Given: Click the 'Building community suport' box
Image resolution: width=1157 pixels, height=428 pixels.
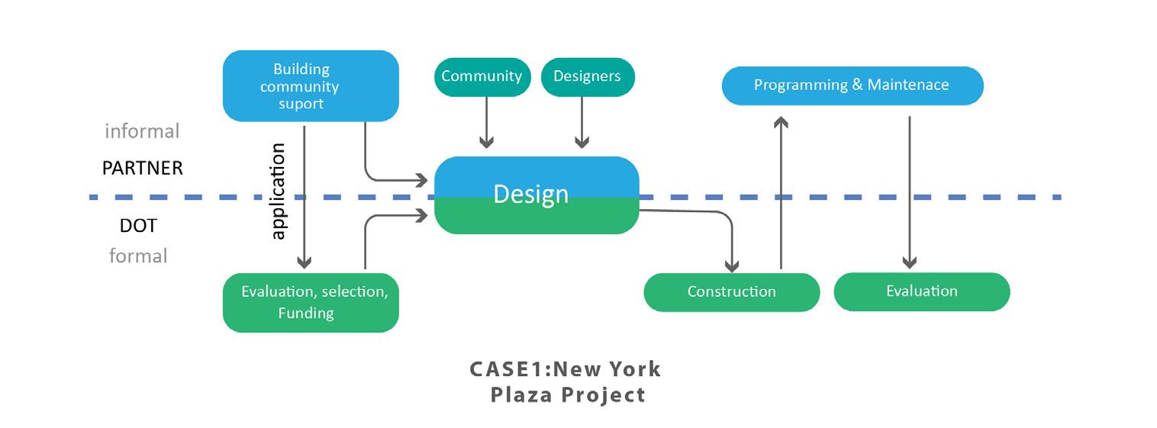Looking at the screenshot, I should tap(310, 85).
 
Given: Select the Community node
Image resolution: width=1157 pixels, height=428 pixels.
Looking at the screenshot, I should tap(482, 76).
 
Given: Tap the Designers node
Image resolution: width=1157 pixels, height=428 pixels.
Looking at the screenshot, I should tap(587, 76).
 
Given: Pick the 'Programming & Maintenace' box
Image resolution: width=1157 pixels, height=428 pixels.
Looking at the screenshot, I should tap(852, 85).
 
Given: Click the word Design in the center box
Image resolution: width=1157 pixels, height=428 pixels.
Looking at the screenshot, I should tap(531, 194).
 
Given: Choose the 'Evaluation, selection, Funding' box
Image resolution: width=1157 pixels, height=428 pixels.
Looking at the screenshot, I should tap(310, 302).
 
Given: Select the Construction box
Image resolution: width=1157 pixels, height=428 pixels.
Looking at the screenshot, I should tap(731, 291).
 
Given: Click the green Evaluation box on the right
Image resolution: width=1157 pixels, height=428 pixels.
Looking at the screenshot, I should tap(921, 291).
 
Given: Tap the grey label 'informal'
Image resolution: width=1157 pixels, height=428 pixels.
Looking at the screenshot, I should tap(142, 131).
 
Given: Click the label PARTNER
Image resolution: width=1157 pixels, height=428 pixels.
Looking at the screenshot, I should tap(143, 168).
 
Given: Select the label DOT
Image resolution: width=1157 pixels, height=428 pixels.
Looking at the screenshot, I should tap(138, 226).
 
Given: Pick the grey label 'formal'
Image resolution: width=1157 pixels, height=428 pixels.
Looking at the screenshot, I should tap(138, 256).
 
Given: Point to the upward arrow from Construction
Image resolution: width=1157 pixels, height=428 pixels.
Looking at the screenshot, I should tap(780, 191).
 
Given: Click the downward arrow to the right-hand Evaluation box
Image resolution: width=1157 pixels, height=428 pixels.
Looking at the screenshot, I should tap(909, 191).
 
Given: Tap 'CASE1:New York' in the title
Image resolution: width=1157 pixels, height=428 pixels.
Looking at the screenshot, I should tap(565, 369).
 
